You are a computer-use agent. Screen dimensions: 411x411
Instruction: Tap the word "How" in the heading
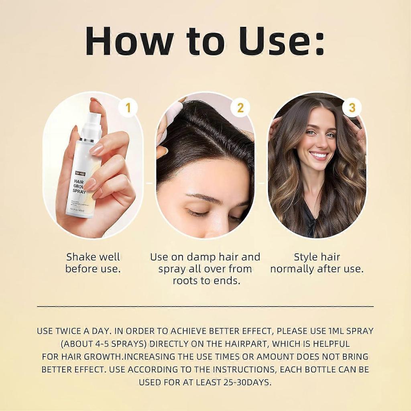point(129,41)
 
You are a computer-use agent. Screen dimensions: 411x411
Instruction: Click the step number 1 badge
point(128,108)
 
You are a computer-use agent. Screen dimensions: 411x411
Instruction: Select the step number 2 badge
point(240,108)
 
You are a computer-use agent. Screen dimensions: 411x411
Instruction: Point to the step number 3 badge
point(352,108)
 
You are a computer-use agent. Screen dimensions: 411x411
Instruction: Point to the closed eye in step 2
point(198,213)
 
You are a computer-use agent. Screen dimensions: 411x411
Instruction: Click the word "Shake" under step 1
point(82,257)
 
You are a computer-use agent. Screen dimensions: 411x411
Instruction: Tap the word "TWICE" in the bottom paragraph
point(69,331)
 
